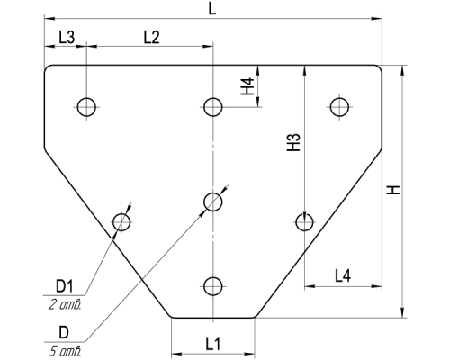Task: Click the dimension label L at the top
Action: (x=212, y=9)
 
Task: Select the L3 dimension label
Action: (x=67, y=38)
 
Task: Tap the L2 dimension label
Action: (x=152, y=38)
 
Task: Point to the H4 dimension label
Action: (x=248, y=86)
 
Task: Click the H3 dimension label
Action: (x=294, y=142)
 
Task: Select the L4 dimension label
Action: (x=343, y=275)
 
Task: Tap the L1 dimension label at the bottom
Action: (x=213, y=344)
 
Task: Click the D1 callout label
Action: (x=65, y=286)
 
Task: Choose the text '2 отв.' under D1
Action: (x=65, y=305)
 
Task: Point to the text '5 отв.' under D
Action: (x=65, y=351)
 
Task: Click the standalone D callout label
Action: (x=64, y=332)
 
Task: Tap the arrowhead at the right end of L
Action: (x=377, y=19)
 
